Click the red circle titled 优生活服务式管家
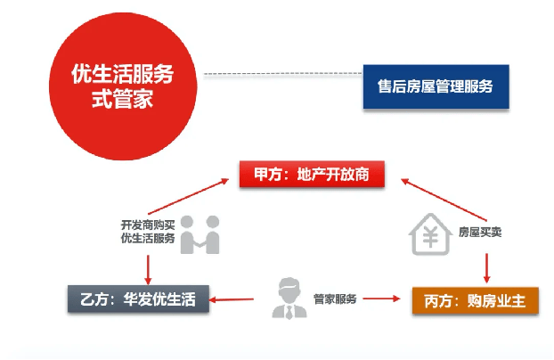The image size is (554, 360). coord(123,86)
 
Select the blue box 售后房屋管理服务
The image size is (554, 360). coord(436,86)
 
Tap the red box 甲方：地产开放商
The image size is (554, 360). coord(312,174)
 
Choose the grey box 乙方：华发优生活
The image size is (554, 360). coord(138,299)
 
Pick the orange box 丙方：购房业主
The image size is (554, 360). coord(476,301)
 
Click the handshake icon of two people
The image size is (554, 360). coord(200,234)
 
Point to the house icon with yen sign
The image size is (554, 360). coord(430,233)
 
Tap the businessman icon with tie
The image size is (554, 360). coord(289,299)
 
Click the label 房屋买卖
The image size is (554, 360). coord(480,232)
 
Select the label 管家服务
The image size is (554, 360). coord(335,299)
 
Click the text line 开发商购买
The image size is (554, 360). coord(148,225)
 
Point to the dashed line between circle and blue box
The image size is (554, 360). coord(283,74)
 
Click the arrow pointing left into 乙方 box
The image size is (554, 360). coord(232,299)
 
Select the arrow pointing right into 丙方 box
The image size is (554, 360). coord(381,299)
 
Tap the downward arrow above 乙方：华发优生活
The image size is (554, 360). coord(148,270)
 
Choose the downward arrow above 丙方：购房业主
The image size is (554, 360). coord(486,268)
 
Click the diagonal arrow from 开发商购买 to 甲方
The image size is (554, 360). coord(188,196)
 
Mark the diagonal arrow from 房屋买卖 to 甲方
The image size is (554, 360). coord(444,200)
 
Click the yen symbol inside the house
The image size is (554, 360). coord(431,237)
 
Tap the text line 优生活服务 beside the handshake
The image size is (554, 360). coord(148,238)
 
